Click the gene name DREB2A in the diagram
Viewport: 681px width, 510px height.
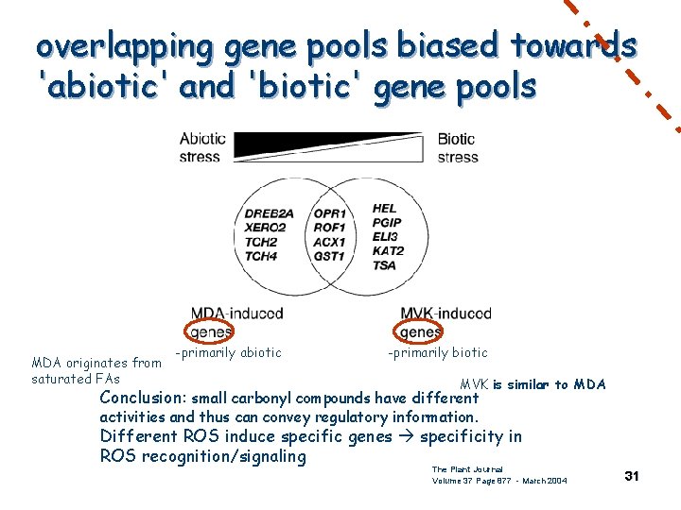coord(271,212)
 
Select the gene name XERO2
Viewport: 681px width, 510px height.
coord(266,228)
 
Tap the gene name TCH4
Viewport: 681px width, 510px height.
coord(261,256)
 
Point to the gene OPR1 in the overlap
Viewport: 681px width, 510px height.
coord(329,213)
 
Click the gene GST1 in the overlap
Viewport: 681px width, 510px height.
coord(329,256)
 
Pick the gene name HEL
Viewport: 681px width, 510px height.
coord(385,208)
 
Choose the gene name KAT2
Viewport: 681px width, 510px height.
coord(388,251)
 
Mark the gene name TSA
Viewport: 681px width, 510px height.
coord(384,265)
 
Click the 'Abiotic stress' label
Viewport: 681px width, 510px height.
coord(202,147)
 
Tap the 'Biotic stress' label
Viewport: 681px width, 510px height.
coord(457,147)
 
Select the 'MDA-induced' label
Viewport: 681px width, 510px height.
coord(236,313)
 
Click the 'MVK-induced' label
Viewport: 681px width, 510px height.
coord(445,313)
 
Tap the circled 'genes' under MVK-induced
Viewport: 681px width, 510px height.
coord(419,331)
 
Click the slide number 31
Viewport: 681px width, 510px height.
coord(632,476)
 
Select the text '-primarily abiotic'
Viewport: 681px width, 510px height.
coord(228,353)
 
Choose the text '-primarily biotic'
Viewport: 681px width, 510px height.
coord(437,353)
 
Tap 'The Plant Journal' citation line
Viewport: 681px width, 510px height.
coord(466,469)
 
